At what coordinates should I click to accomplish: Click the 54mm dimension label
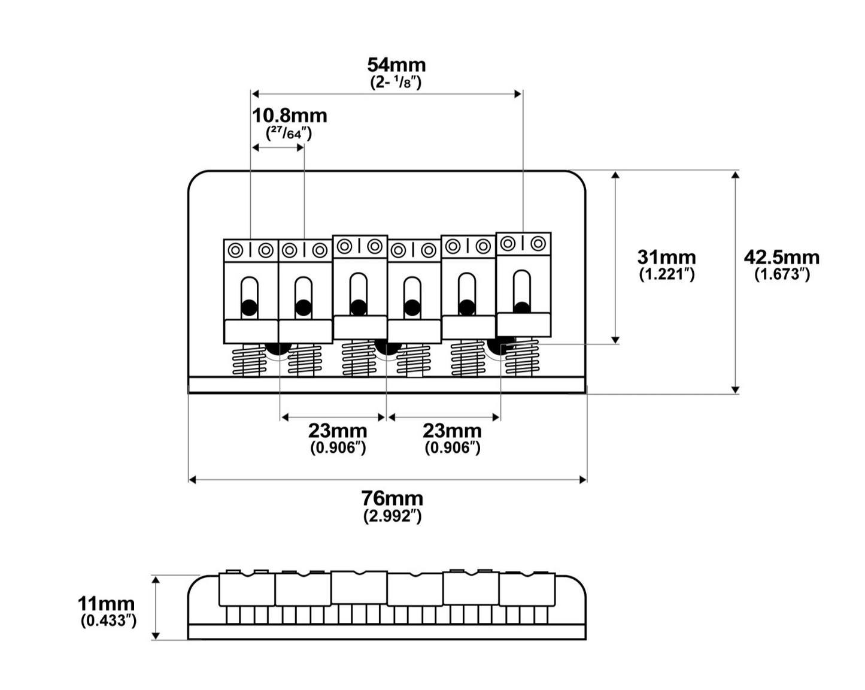(x=396, y=65)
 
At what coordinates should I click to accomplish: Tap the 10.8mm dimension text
(x=289, y=116)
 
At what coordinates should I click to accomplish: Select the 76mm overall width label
(x=392, y=499)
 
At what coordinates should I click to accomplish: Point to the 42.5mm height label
(x=781, y=258)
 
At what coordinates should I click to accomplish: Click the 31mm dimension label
(x=666, y=258)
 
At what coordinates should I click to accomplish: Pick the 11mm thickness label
(x=106, y=604)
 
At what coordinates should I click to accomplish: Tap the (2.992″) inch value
(x=392, y=516)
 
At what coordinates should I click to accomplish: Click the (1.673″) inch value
(x=782, y=274)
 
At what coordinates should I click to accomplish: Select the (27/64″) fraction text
(x=289, y=133)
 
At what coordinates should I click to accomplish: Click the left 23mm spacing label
(x=338, y=431)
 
